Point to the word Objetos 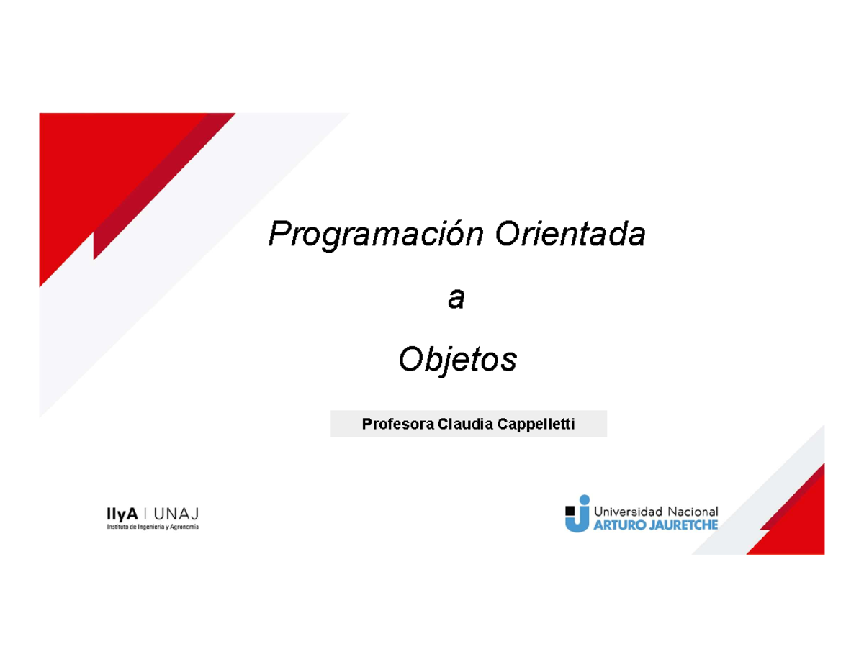(458, 360)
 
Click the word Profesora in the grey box (394, 425)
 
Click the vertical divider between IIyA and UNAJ (146, 513)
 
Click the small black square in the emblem (571, 511)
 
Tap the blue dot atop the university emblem (584, 498)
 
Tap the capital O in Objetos (409, 360)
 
